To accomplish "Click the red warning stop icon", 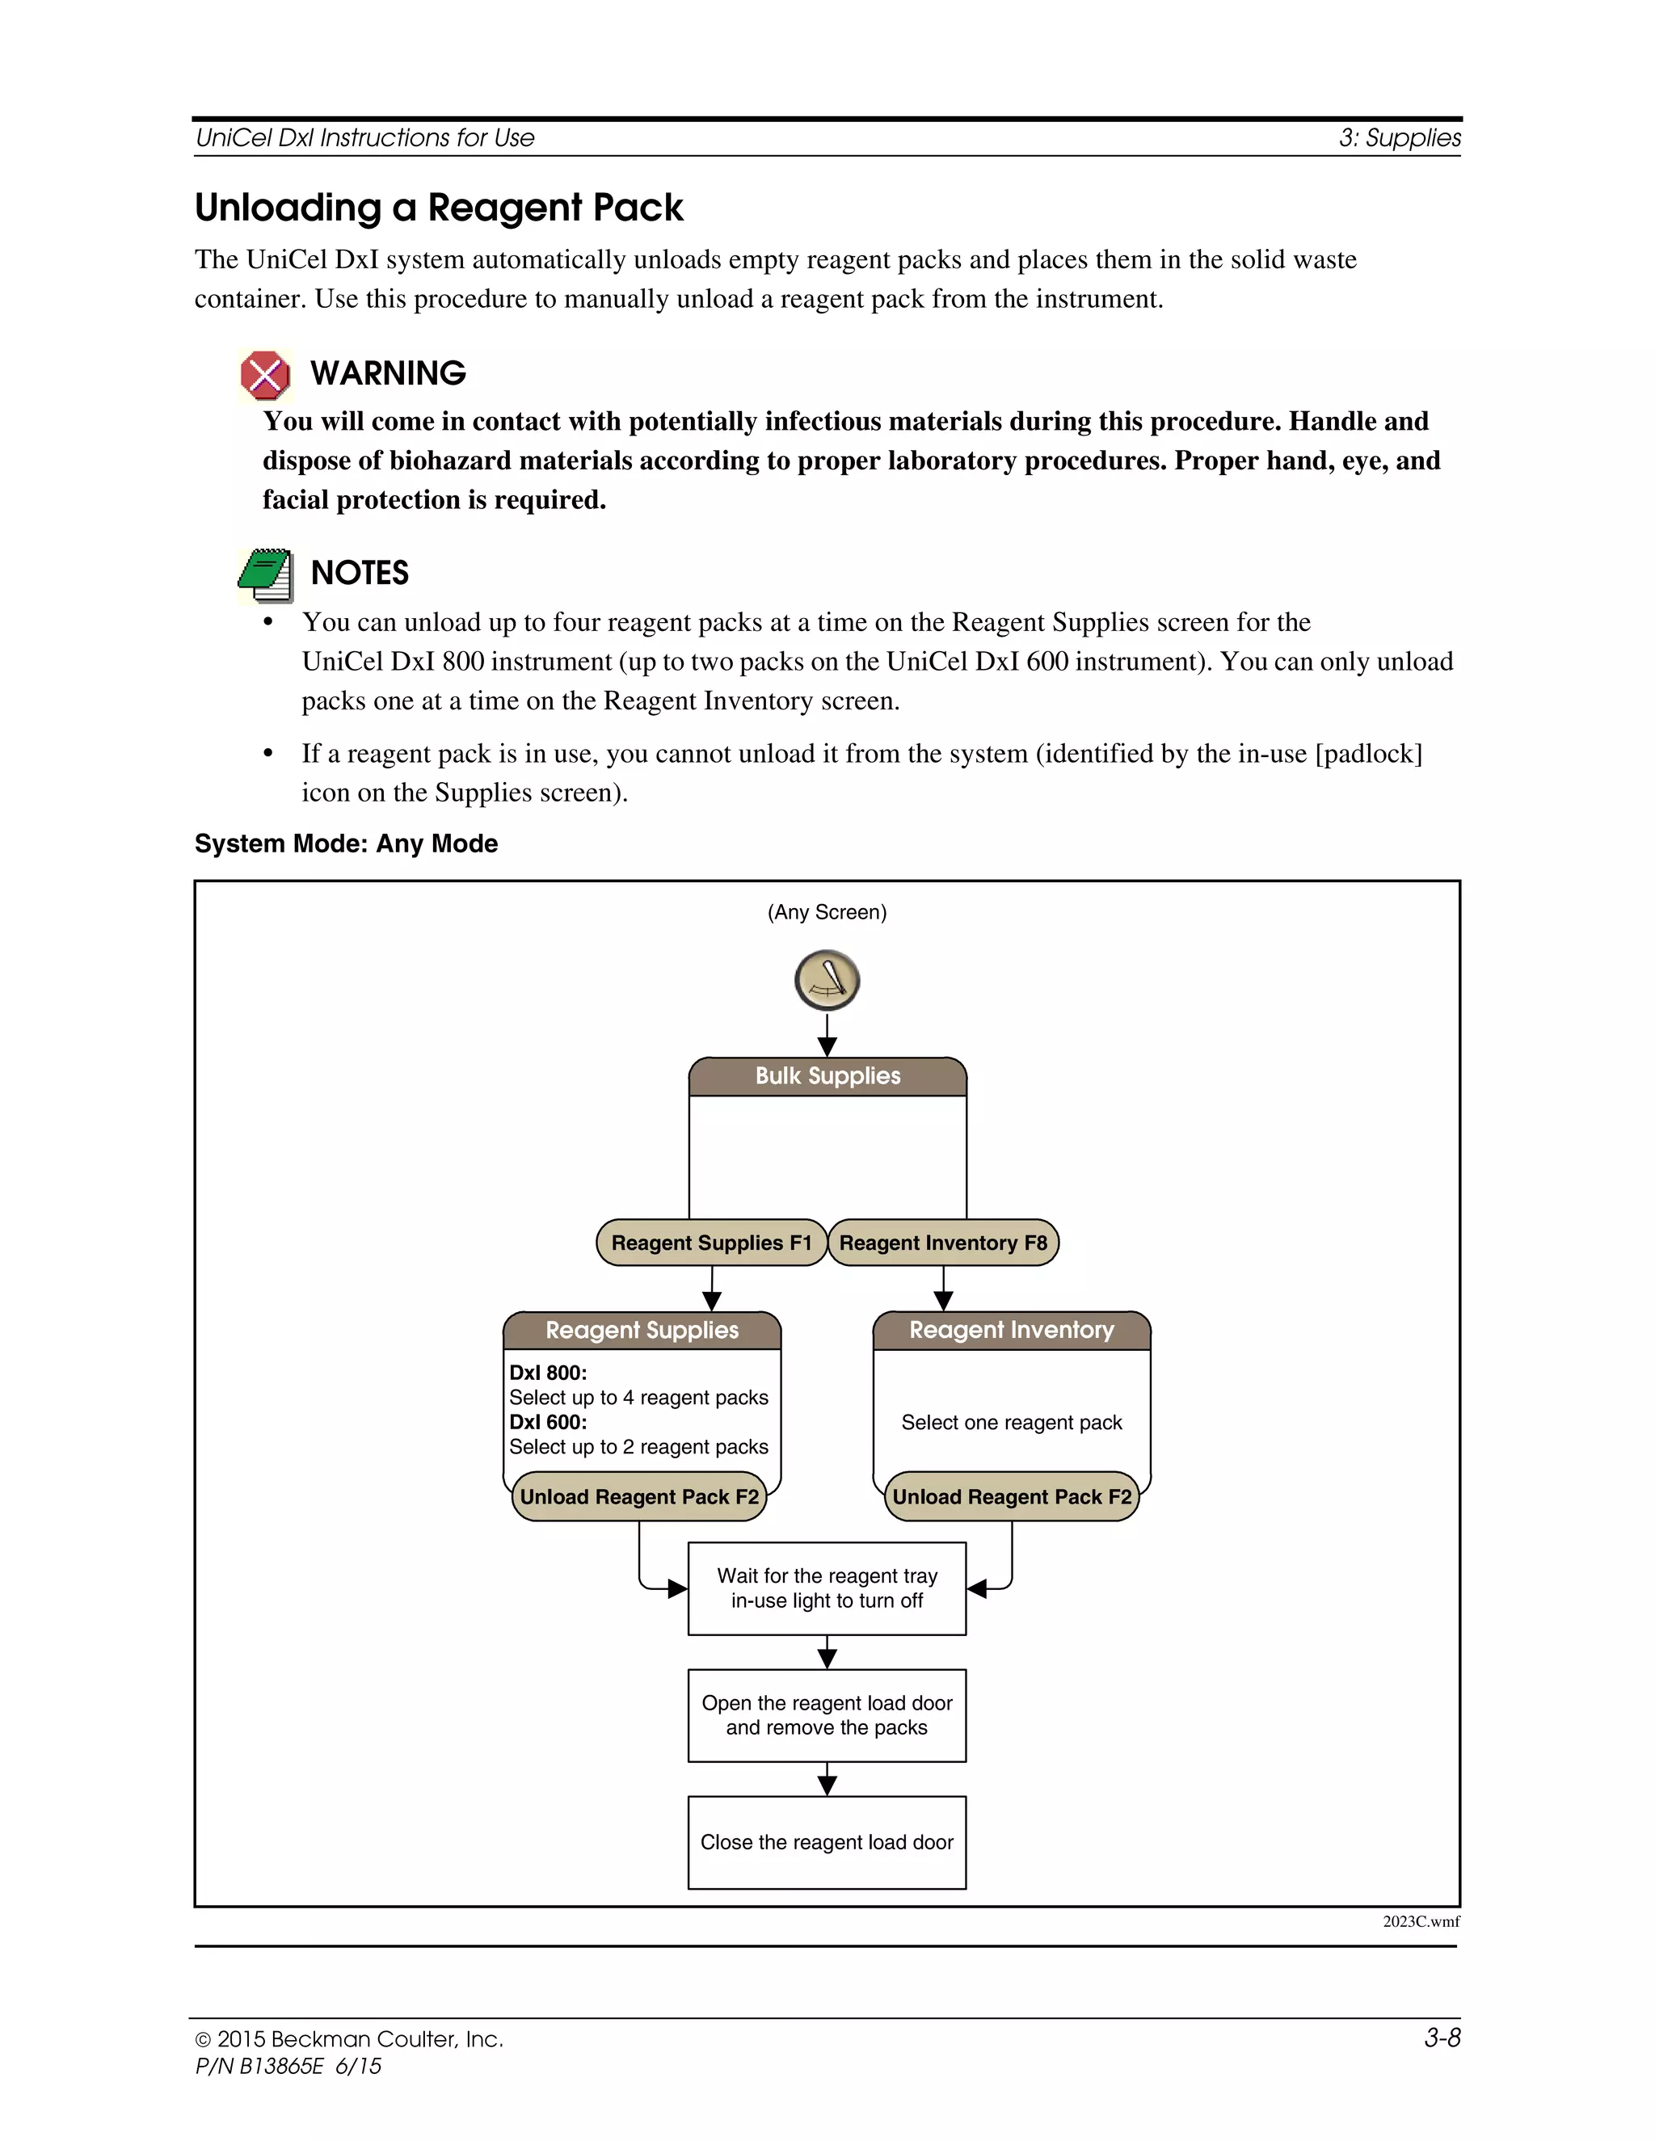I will [265, 376].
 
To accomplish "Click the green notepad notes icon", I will [266, 575].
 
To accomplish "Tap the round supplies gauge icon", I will [827, 979].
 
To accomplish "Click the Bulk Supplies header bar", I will [827, 1075].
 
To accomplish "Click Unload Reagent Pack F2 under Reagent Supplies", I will [639, 1496].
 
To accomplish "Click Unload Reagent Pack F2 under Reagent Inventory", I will [1012, 1496].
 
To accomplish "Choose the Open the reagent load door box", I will [827, 1714].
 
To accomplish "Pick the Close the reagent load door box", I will [827, 1842].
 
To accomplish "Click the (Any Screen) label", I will [827, 911].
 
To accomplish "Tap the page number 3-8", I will [1442, 2038].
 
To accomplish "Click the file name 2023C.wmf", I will [1421, 1921].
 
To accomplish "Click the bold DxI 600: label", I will [548, 1421].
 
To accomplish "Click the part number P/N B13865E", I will [260, 2067].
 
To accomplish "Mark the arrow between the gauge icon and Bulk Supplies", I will [827, 1035].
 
